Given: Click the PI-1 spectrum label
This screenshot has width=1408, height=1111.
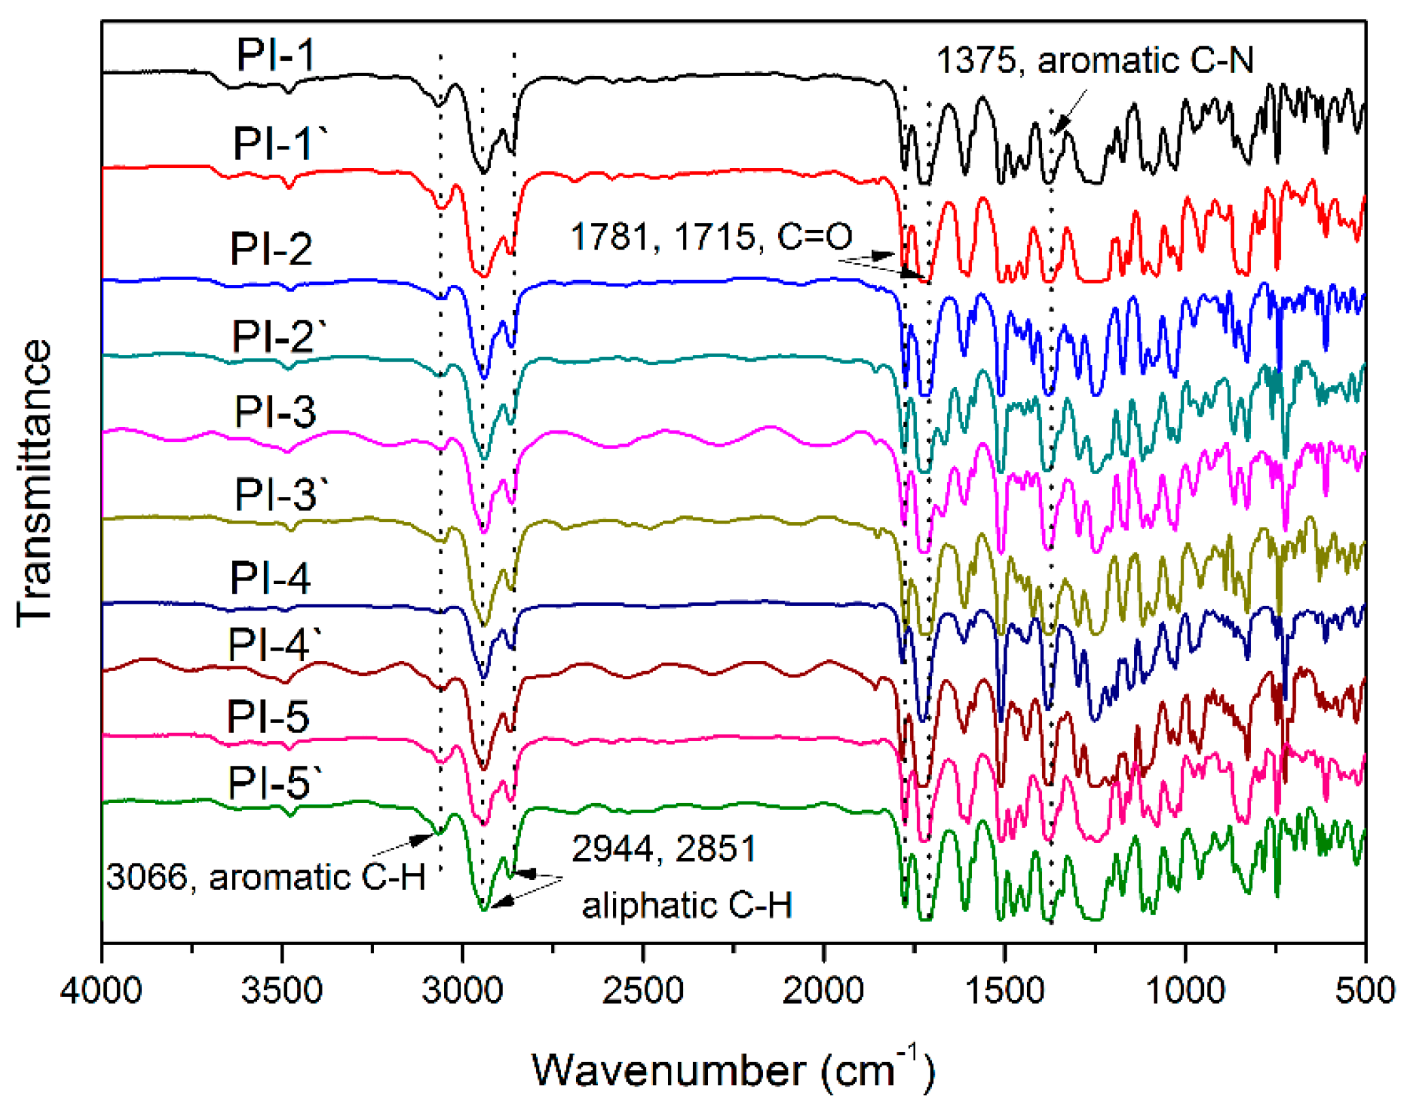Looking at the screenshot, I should pos(275,55).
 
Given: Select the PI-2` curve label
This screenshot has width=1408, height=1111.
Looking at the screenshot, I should pos(279,336).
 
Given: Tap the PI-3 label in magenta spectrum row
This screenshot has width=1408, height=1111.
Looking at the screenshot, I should pos(275,411).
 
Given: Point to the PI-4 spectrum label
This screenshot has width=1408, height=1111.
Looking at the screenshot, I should pos(270,579).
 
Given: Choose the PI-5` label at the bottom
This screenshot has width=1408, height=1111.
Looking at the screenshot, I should pos(275,783).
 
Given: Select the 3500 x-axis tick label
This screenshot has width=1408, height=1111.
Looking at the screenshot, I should pos(282,991).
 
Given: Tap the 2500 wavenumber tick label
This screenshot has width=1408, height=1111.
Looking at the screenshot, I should pos(642,991).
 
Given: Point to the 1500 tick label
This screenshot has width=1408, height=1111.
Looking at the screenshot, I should pos(1004,991).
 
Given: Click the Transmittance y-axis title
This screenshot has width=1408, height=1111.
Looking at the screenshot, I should pos(34,483).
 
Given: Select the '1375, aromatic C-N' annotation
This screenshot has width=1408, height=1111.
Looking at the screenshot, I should pos(1095,61).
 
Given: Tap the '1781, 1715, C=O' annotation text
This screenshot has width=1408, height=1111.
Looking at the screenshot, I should pos(711,237).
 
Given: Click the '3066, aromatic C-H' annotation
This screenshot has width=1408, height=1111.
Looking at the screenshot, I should pos(266,876).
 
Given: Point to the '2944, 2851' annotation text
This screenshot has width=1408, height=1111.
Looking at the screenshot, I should pos(663,848).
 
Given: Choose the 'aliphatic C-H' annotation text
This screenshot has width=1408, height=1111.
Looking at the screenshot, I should pos(687,905).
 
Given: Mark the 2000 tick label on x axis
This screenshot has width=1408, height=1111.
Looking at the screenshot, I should pos(823,991).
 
